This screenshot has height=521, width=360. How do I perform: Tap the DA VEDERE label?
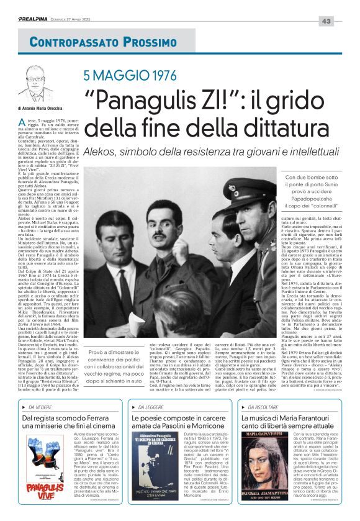tap(39, 407)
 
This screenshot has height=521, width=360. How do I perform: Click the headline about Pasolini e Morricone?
tap(179, 424)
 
